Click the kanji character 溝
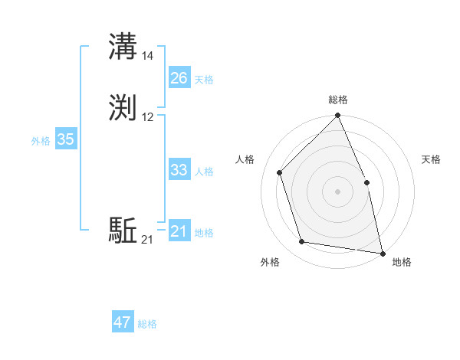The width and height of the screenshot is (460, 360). click(x=123, y=47)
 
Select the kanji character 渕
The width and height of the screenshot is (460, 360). click(x=123, y=107)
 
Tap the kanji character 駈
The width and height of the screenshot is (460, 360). click(x=123, y=230)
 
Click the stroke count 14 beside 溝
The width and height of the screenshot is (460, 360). click(x=148, y=56)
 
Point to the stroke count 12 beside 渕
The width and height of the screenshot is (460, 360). click(x=148, y=116)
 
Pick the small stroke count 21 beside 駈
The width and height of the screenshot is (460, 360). click(x=147, y=240)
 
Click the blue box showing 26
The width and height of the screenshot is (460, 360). click(x=179, y=78)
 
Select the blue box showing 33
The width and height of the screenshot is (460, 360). click(x=179, y=170)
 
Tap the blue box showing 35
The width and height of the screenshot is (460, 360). click(x=65, y=139)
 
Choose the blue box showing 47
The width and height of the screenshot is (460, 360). click(x=123, y=322)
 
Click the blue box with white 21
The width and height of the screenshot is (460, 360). click(x=179, y=231)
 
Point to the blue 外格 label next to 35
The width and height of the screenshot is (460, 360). click(x=41, y=141)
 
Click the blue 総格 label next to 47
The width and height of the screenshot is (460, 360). click(x=147, y=324)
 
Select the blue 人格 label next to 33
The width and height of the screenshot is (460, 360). click(x=205, y=172)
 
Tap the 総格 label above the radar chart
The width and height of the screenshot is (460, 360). click(x=338, y=100)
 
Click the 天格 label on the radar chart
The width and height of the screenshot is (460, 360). click(x=431, y=159)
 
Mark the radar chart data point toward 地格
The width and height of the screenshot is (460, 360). click(x=383, y=253)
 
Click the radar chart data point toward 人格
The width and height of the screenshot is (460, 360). click(x=280, y=172)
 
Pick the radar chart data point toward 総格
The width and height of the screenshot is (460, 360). click(x=338, y=116)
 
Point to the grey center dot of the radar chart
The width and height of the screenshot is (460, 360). click(x=338, y=191)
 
